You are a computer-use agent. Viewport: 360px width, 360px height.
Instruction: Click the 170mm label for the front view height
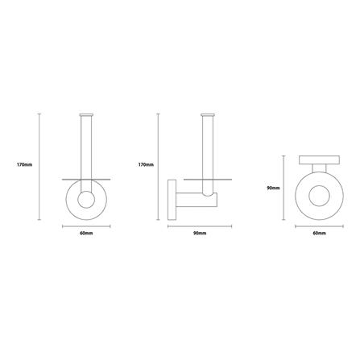coord(24,164)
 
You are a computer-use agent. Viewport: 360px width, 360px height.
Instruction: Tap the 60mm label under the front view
coord(86,233)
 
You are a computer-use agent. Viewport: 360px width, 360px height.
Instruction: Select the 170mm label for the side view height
coord(146,164)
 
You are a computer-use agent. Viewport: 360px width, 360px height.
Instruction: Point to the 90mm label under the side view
coord(200,233)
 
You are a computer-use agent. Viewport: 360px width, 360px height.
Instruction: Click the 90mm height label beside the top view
coord(273,188)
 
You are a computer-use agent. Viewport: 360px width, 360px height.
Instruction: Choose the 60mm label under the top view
coord(319,233)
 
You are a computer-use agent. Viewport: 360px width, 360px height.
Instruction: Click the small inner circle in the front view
coord(86,200)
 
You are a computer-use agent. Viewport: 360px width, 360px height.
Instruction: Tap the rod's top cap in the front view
coord(86,115)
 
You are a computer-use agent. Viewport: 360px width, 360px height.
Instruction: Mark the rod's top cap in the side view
coord(208,115)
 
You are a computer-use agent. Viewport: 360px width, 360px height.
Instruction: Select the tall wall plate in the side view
coord(172,200)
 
